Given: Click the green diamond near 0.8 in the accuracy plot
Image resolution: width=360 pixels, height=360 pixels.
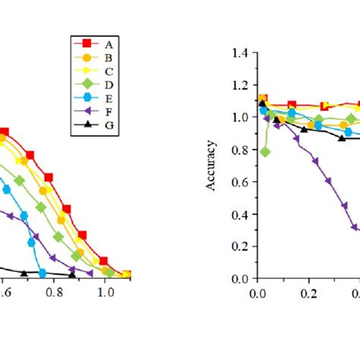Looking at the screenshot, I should pyautogui.click(x=265, y=152).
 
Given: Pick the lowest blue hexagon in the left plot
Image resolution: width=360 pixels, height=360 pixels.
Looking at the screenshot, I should pyautogui.click(x=43, y=273).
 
